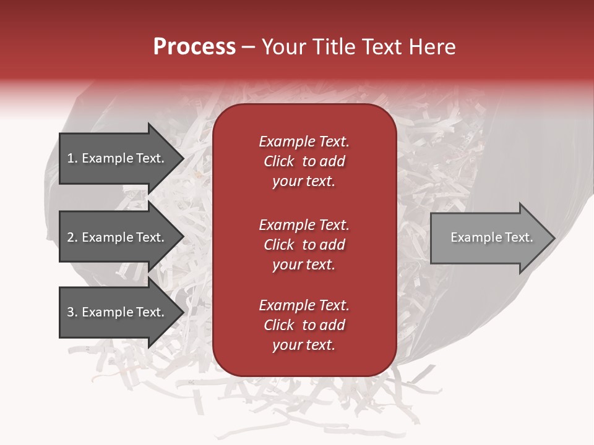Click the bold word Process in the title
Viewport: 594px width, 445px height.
(x=194, y=47)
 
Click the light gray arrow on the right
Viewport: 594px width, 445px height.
(x=489, y=237)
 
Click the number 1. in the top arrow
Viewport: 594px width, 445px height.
(x=72, y=158)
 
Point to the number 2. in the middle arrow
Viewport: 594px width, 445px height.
(x=72, y=237)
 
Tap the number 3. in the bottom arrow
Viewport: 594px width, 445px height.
(x=72, y=312)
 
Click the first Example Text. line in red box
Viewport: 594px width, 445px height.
(x=304, y=142)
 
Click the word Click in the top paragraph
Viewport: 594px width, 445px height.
(x=278, y=161)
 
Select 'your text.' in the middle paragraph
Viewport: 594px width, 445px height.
(x=304, y=265)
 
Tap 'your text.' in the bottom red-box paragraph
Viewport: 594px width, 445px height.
(x=304, y=345)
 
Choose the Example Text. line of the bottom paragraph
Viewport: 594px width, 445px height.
(x=304, y=305)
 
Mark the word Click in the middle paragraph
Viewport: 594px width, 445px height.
(x=278, y=245)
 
